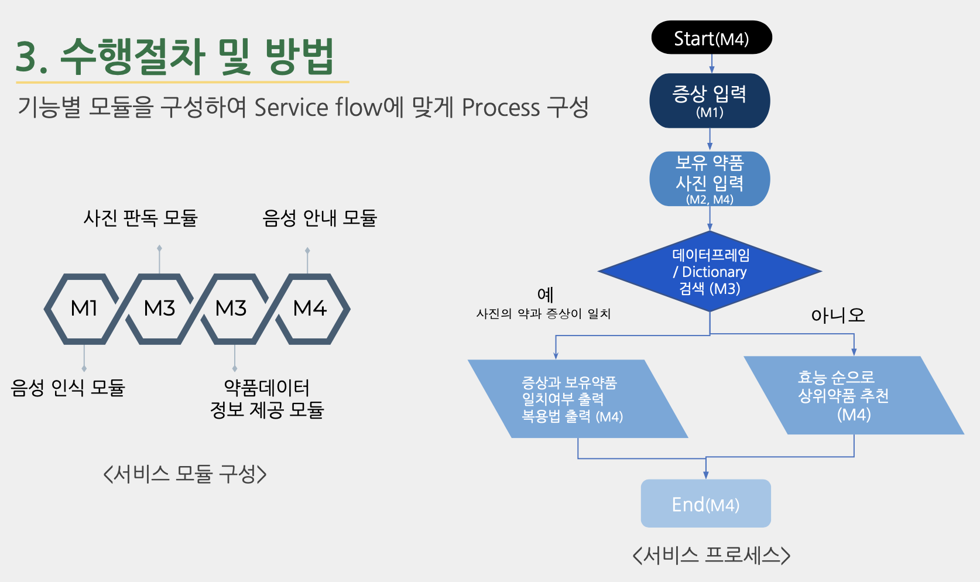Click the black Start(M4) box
(x=711, y=38)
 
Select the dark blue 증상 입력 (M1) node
(x=710, y=101)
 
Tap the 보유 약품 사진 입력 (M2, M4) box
(x=710, y=179)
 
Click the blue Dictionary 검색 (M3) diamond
(x=710, y=272)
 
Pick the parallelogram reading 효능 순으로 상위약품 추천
(x=854, y=396)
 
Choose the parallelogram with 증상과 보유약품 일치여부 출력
(x=577, y=399)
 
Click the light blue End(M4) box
(x=705, y=504)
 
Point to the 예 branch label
(x=545, y=295)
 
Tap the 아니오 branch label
(x=838, y=316)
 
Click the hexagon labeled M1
(x=84, y=309)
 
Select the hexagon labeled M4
(x=310, y=309)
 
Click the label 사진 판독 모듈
(x=141, y=218)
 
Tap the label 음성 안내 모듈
(x=320, y=218)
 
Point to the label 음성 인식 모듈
(x=68, y=388)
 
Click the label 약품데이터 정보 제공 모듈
(x=267, y=399)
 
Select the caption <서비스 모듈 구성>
(x=185, y=474)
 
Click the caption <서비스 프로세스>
(x=711, y=555)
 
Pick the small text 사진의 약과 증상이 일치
(x=543, y=314)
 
